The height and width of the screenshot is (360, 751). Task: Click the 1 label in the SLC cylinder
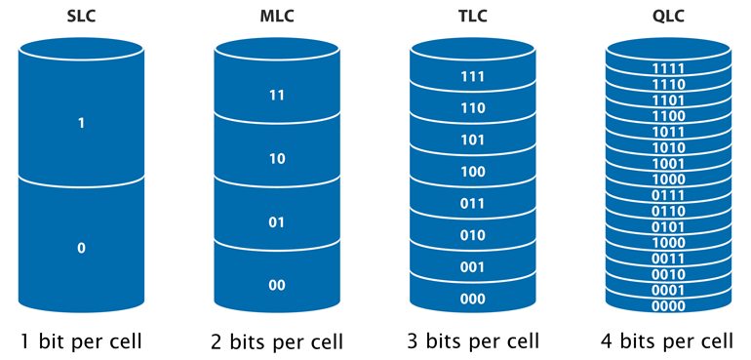(x=82, y=124)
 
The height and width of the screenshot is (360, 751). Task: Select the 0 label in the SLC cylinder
(x=82, y=248)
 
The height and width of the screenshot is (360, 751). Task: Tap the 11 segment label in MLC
(x=277, y=96)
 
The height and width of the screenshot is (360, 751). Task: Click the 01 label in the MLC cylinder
(x=277, y=222)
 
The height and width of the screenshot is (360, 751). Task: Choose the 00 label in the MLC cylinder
(x=277, y=285)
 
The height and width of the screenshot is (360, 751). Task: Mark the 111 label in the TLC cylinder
(x=472, y=76)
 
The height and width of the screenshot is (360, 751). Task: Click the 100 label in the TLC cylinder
(x=472, y=172)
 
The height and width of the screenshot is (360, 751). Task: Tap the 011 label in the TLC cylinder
(x=472, y=203)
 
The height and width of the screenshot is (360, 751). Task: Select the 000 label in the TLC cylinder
(x=472, y=299)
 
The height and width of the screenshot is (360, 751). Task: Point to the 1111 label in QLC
(x=668, y=68)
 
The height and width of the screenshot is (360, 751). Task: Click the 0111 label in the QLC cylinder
(x=668, y=195)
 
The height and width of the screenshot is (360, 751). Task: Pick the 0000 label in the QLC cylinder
(x=668, y=305)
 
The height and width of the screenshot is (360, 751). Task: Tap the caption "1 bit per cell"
(x=82, y=341)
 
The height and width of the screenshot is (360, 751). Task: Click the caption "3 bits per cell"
(x=472, y=341)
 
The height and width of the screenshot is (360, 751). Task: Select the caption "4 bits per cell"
(x=668, y=341)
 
